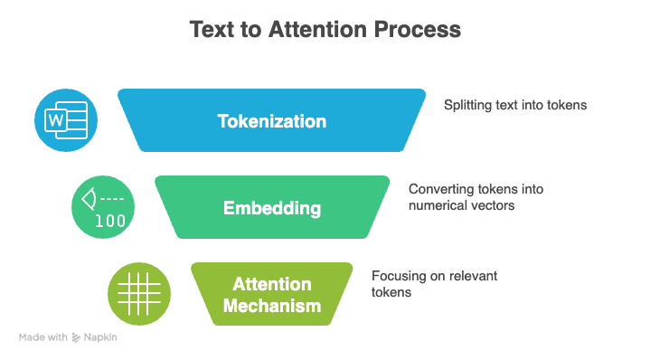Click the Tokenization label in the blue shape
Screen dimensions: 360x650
271,120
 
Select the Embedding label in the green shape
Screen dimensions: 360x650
271,208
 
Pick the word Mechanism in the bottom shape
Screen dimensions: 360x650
271,306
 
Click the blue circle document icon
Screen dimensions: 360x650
66,120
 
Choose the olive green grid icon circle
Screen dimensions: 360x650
139,295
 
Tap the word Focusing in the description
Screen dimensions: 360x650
396,276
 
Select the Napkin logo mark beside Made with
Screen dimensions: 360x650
76,337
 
